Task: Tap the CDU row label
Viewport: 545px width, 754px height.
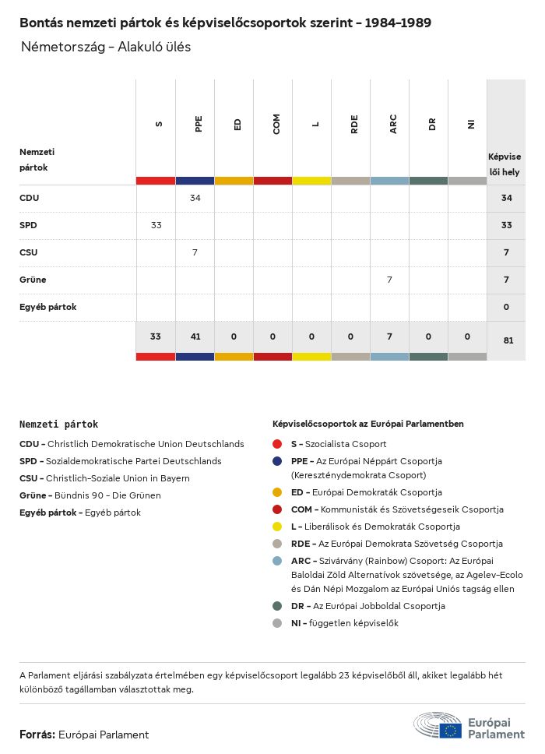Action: [29, 198]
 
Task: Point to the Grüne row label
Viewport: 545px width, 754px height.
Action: [33, 280]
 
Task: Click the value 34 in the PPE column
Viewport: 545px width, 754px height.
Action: [195, 198]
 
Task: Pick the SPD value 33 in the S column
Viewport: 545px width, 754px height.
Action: [156, 225]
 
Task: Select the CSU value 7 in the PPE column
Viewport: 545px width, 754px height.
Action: [195, 252]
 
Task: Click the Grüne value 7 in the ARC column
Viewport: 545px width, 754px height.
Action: [389, 280]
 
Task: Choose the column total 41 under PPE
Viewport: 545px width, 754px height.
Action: [195, 336]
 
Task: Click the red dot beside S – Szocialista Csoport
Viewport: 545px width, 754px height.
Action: [277, 444]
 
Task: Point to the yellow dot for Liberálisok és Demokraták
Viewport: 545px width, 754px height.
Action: [277, 527]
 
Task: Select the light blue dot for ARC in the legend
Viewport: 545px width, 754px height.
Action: [277, 561]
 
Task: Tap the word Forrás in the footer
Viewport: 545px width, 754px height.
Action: [37, 735]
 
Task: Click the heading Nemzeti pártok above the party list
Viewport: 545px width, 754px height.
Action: [58, 425]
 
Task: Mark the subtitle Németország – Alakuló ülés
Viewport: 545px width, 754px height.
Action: [106, 47]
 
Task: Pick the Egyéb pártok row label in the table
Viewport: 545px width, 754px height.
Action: [47, 307]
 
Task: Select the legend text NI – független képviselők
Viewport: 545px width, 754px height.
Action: [344, 623]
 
